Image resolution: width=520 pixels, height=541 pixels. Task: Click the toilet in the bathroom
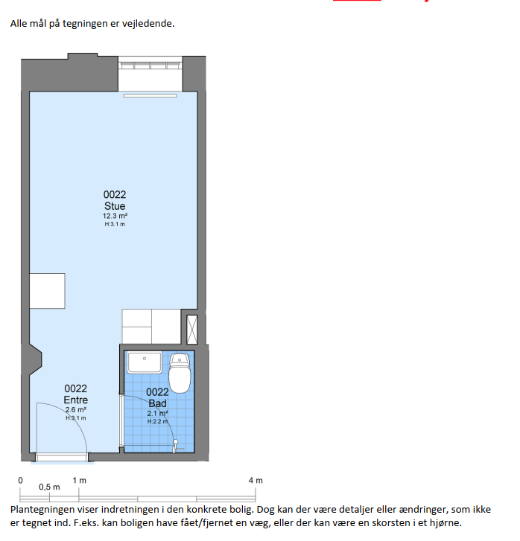click(180, 373)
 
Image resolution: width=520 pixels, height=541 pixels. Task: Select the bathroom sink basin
click(145, 362)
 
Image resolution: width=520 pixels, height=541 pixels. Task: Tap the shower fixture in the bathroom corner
click(177, 446)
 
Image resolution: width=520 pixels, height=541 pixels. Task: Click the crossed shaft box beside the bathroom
click(192, 330)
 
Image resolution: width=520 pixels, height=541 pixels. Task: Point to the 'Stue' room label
click(115, 206)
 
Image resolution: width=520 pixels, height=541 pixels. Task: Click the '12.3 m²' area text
click(115, 216)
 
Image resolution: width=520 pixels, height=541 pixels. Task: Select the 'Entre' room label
click(76, 400)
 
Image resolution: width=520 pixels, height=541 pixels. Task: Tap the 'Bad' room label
click(157, 403)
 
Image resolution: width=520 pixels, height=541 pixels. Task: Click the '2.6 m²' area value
click(76, 410)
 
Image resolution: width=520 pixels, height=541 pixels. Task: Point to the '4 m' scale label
click(256, 480)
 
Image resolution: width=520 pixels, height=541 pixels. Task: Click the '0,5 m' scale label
click(49, 487)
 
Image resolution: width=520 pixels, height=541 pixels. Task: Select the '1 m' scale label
click(80, 480)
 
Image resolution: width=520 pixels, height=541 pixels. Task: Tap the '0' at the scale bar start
click(20, 480)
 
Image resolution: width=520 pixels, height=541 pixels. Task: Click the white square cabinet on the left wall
click(48, 291)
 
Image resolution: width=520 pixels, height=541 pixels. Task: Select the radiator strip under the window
click(150, 95)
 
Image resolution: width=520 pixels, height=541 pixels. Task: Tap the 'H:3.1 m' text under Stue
click(115, 224)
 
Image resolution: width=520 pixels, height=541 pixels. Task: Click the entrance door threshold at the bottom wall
click(62, 458)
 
